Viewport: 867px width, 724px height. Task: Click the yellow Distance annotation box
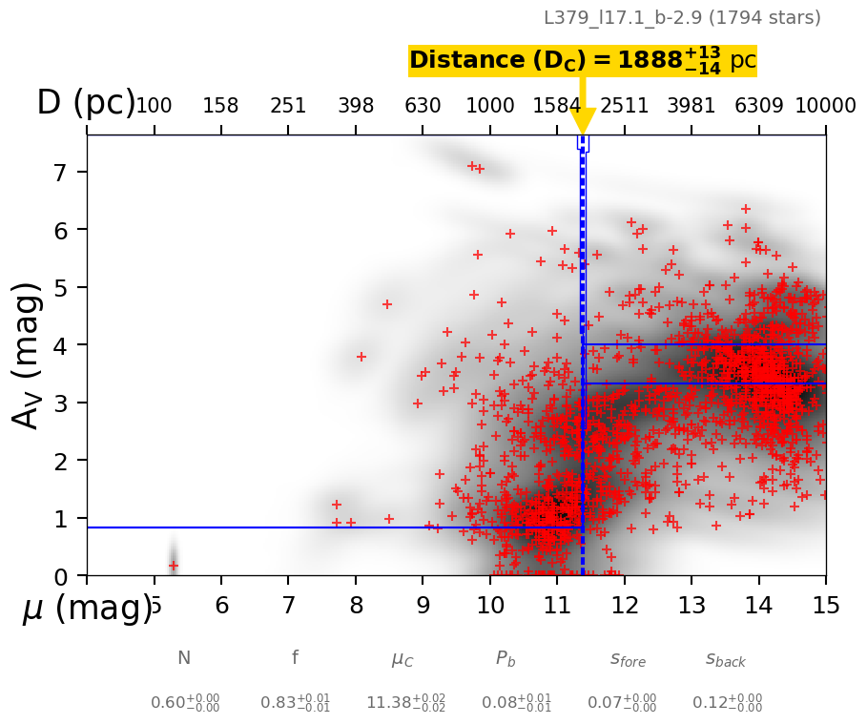582,61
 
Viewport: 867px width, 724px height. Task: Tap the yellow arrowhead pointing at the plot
583,122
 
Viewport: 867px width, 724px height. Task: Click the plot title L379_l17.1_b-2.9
681,18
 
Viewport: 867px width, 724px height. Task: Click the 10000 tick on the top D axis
825,105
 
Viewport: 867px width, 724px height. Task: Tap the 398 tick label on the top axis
356,105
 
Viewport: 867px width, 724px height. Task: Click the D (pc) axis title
86,103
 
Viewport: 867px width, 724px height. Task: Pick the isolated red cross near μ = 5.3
174,566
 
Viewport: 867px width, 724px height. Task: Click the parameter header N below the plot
184,658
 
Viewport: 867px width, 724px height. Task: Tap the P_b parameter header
506,658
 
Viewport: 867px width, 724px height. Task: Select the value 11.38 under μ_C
405,703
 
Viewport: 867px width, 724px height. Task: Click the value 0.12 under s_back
727,703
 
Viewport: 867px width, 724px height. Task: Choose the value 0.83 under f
295,703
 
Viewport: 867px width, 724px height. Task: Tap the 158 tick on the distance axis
220,105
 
